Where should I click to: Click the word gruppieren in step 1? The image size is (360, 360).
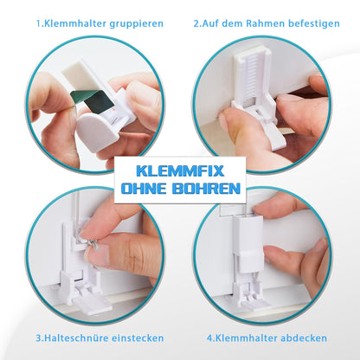click(x=137, y=24)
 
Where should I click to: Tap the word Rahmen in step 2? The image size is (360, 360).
click(x=265, y=23)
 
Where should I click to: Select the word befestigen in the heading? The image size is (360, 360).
click(x=313, y=23)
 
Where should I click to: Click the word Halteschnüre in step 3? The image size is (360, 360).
click(x=76, y=337)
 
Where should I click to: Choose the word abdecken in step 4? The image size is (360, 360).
click(x=304, y=337)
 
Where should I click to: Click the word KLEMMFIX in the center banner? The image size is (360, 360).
click(x=180, y=171)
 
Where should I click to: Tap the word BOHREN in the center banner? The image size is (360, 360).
click(x=206, y=189)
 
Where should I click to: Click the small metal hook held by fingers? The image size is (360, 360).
click(x=94, y=244)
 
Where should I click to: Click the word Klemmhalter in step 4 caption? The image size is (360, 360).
click(x=246, y=337)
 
